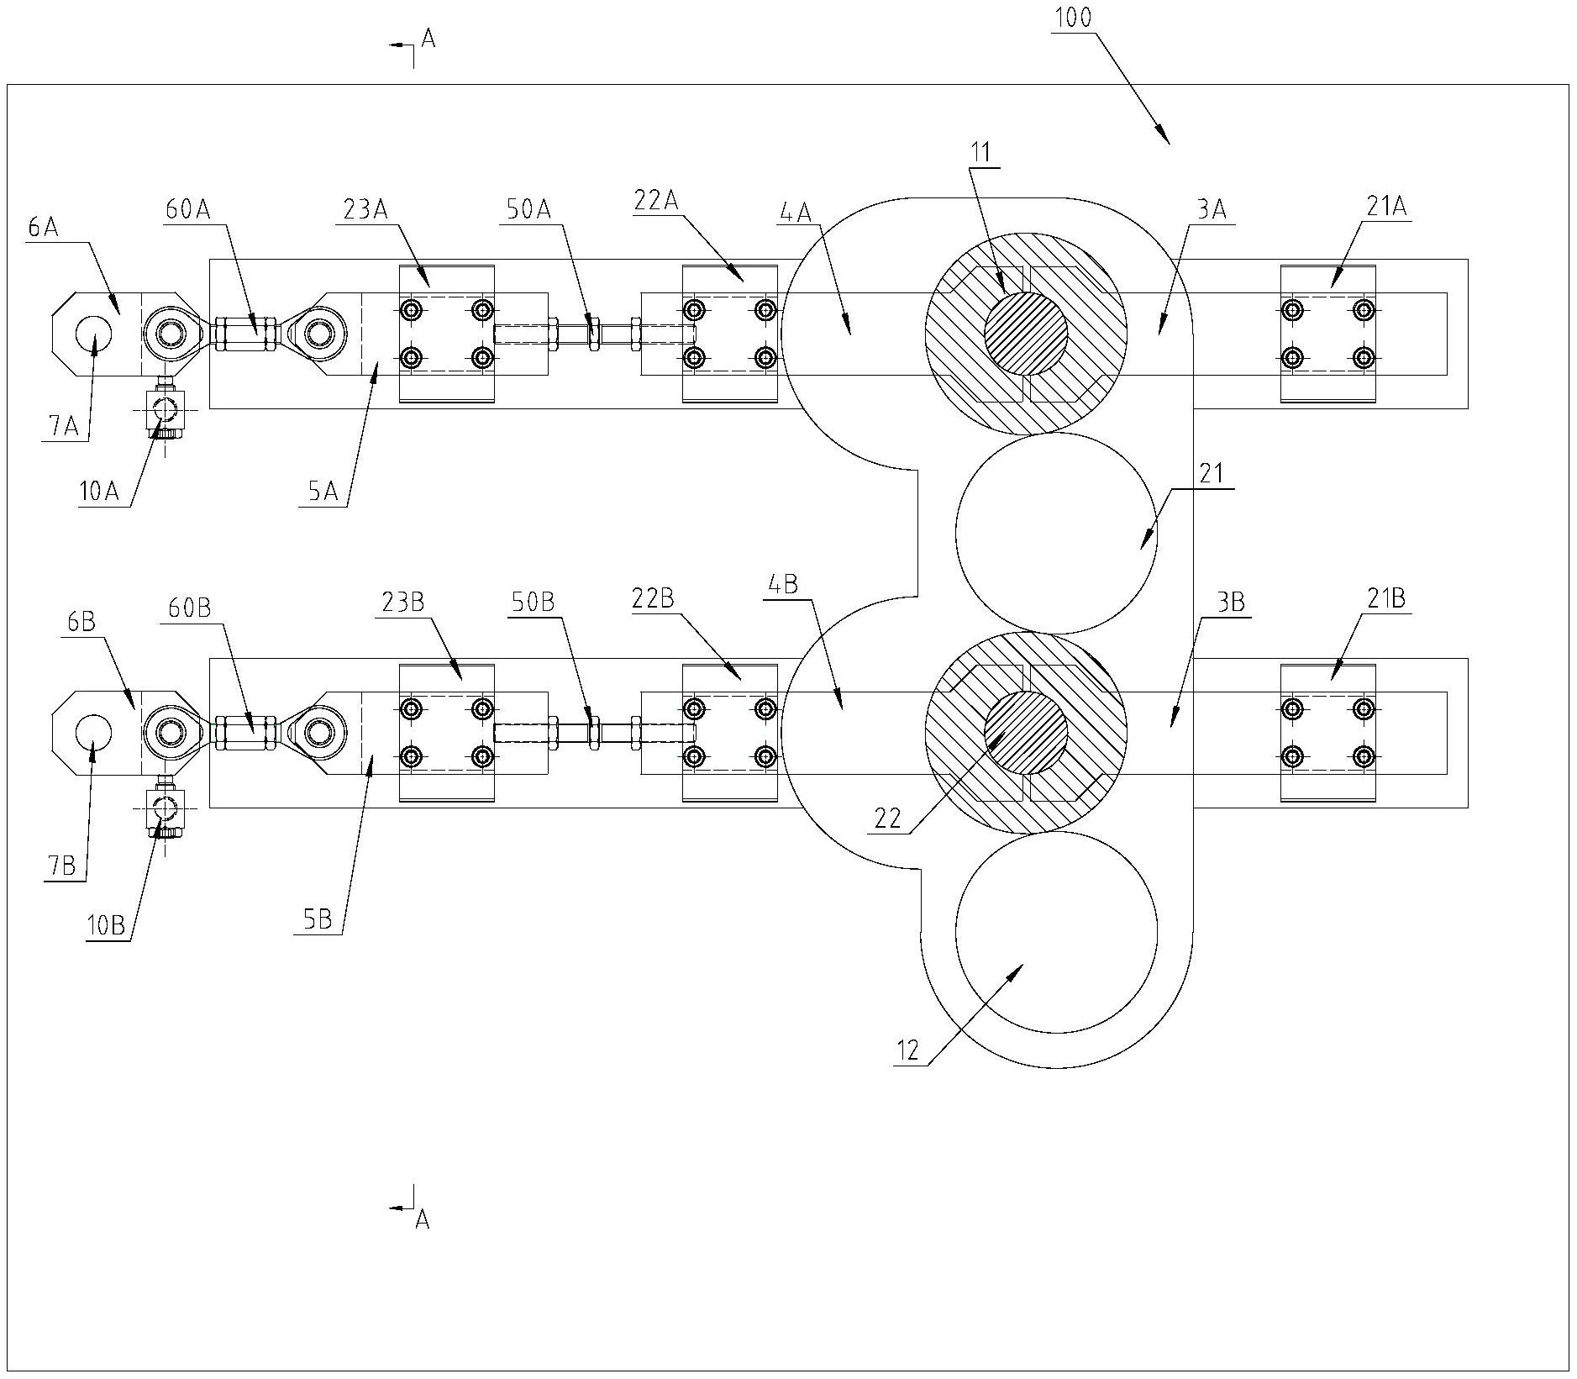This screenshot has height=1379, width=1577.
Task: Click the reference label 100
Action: click(1073, 18)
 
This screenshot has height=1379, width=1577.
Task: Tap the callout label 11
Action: click(981, 152)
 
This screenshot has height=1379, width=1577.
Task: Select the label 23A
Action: click(366, 209)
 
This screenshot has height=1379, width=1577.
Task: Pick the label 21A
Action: click(1386, 207)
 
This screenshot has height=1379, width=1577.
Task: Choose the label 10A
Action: click(99, 492)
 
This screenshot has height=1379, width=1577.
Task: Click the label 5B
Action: click(318, 920)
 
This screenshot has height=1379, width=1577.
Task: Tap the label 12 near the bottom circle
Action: click(908, 1050)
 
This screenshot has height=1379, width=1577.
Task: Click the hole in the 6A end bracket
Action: click(94, 334)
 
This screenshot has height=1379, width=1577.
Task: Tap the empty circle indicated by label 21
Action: click(1056, 533)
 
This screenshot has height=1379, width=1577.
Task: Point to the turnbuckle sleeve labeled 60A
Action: click(245, 334)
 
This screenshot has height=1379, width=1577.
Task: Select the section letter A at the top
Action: click(427, 38)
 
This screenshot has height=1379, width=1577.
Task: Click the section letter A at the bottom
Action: click(423, 1220)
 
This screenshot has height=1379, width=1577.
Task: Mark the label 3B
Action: click(1232, 603)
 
